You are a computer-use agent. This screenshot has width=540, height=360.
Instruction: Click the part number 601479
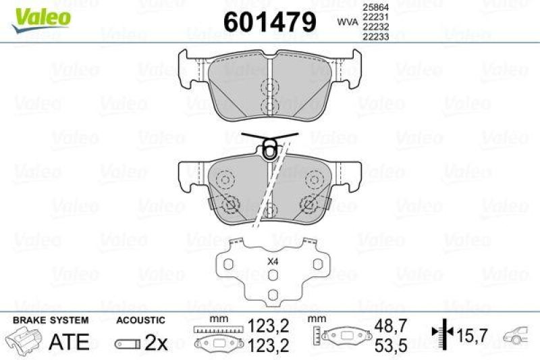(x=269, y=22)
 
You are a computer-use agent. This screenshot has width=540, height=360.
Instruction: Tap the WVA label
(x=347, y=22)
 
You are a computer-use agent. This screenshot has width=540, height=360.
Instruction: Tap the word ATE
(x=69, y=342)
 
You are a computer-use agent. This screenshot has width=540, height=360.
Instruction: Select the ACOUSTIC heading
(x=140, y=320)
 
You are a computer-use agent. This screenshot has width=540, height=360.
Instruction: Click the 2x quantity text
(x=157, y=342)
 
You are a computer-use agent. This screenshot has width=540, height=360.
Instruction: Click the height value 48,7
(x=390, y=326)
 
